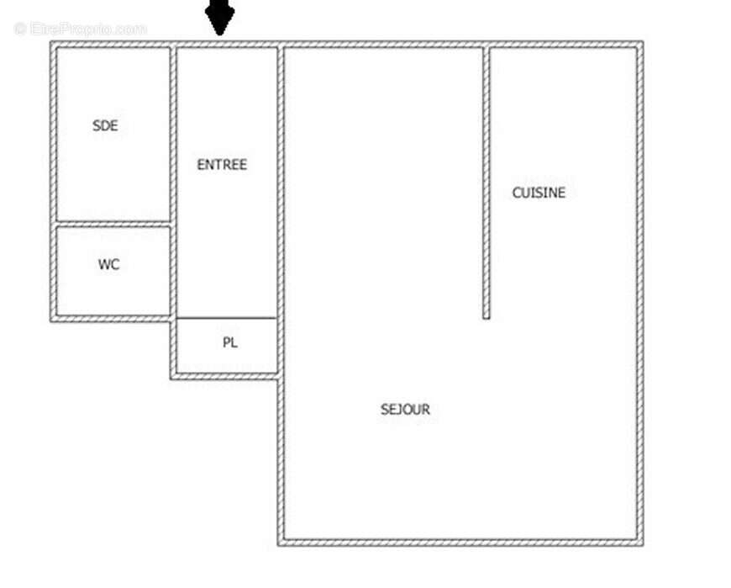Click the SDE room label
105,126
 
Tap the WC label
108,264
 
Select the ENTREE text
222,165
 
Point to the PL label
229,343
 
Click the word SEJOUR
405,410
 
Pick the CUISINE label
539,193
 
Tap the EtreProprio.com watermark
81,29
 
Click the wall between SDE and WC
113,224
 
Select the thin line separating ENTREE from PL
226,318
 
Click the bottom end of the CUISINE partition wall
486,315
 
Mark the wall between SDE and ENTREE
173,135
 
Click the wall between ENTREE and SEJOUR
280,210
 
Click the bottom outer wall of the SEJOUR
460,542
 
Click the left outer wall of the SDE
53,135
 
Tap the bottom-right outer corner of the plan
640,543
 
